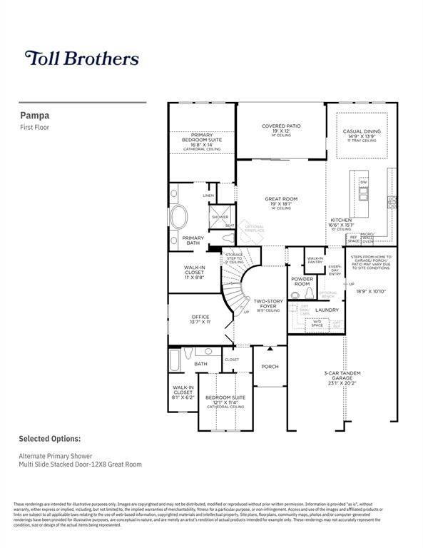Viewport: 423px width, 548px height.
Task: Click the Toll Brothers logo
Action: coord(82,58)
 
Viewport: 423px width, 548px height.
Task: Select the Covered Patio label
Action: coord(280,128)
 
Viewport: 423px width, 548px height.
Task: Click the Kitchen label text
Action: coord(340,222)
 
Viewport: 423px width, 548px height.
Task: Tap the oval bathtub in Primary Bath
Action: coord(179,217)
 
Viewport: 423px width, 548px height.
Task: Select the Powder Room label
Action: coord(302,281)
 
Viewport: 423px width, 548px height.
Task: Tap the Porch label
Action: coord(270,367)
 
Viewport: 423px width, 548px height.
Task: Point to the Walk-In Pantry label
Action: coord(315,260)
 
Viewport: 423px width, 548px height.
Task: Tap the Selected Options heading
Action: coord(49,439)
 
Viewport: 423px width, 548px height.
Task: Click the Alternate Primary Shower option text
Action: coord(57,455)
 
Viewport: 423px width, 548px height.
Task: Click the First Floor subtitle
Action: coord(34,127)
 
